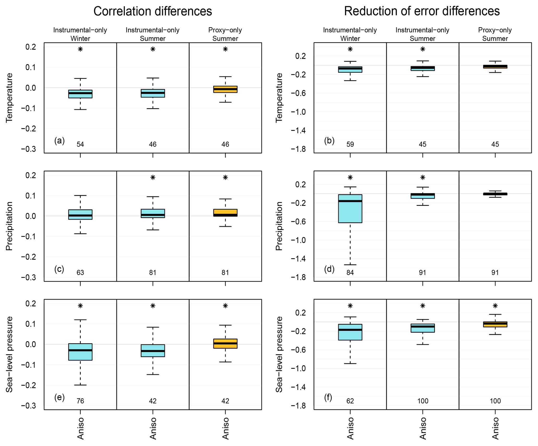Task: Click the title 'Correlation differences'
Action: (x=153, y=11)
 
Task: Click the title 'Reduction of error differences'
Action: (x=422, y=11)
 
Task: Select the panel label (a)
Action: (x=59, y=141)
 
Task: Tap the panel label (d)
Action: (x=329, y=269)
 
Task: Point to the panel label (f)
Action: (x=328, y=397)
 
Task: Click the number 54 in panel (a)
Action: (x=80, y=145)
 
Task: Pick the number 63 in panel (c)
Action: (x=80, y=273)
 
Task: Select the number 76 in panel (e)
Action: (x=80, y=401)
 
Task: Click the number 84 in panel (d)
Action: (x=350, y=273)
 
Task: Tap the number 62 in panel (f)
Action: (x=350, y=401)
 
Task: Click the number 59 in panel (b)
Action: (x=350, y=145)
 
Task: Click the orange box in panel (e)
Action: (x=225, y=344)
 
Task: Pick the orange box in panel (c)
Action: (x=225, y=213)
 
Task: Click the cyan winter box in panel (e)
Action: (x=80, y=352)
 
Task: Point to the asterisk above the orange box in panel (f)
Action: (x=495, y=306)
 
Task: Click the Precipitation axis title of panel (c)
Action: (x=9, y=226)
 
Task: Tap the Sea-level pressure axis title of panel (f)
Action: (x=279, y=355)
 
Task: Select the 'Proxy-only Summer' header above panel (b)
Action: (x=495, y=34)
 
